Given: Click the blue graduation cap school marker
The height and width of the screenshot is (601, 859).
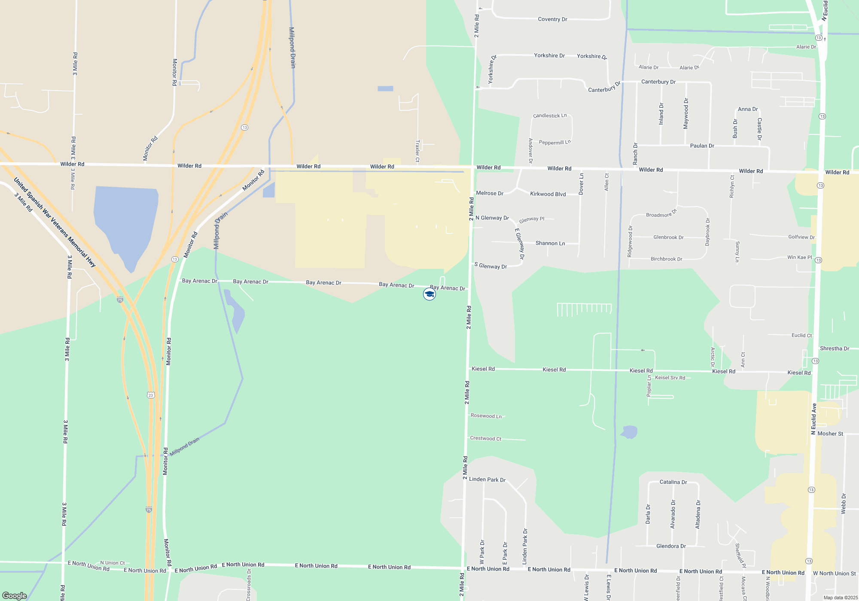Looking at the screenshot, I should (x=429, y=294).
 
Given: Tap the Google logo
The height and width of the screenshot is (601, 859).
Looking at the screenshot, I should (x=15, y=595).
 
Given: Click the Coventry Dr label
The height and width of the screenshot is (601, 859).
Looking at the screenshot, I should (x=552, y=19).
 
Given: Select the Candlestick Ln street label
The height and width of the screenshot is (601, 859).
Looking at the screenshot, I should (x=550, y=115).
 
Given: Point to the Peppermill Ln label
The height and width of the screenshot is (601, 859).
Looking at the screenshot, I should (x=554, y=142).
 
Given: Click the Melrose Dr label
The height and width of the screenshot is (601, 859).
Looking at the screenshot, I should (x=490, y=193).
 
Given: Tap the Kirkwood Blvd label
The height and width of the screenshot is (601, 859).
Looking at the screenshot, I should (x=548, y=194).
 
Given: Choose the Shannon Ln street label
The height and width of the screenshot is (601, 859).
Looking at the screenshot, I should (x=550, y=243).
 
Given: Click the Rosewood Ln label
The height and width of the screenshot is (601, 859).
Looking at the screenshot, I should (x=486, y=416).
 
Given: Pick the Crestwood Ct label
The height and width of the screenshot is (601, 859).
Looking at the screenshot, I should (x=485, y=438).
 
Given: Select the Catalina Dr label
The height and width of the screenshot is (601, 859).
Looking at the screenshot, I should (x=673, y=482).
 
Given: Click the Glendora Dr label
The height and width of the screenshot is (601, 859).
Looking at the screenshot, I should (x=671, y=546).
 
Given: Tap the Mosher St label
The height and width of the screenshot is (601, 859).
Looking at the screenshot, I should (x=830, y=434).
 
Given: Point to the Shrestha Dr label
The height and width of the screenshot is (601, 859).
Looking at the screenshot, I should (x=834, y=349).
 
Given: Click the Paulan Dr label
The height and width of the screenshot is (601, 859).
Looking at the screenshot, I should (x=702, y=146).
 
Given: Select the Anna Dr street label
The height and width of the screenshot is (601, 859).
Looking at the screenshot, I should (x=747, y=109).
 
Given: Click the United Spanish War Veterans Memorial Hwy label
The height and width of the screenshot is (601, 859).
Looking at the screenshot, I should (x=55, y=222).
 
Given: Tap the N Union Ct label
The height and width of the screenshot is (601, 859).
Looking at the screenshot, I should (x=112, y=563).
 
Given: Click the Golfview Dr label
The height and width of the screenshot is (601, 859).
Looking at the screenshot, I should (x=801, y=237).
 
